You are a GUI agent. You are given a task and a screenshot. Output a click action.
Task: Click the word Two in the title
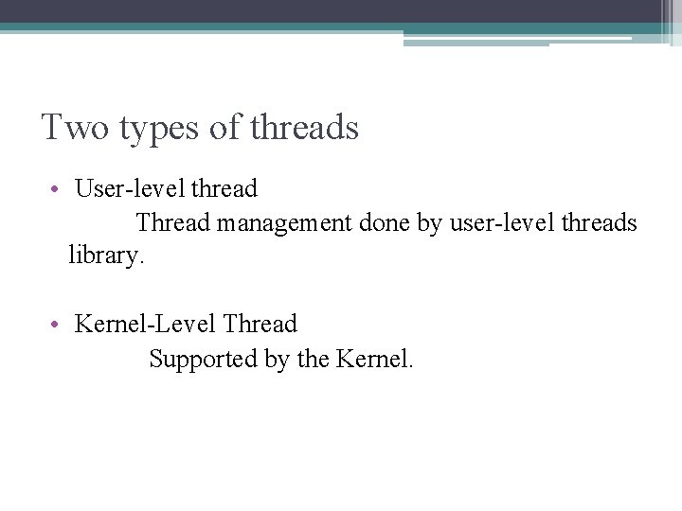click(76, 127)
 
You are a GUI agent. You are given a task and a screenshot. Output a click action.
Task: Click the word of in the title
click(224, 127)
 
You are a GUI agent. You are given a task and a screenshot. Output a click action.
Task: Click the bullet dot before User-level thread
click(58, 189)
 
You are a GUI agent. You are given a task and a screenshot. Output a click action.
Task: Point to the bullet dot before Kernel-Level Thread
click(58, 325)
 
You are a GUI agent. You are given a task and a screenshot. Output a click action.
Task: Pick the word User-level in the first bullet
click(130, 189)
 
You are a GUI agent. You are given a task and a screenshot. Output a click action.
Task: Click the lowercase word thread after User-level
click(224, 189)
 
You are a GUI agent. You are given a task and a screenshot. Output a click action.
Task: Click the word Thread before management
click(173, 224)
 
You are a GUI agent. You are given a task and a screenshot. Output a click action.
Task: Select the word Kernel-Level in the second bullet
click(146, 325)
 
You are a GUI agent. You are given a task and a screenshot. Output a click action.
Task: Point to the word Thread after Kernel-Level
click(260, 325)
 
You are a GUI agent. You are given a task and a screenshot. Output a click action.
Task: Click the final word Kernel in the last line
click(373, 360)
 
